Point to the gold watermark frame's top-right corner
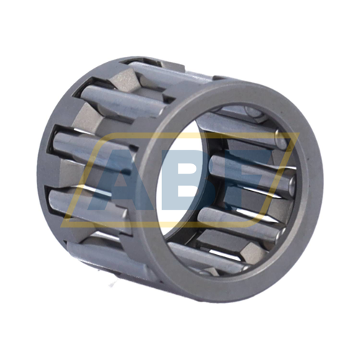point(299,133)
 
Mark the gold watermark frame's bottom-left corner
point(61,226)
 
